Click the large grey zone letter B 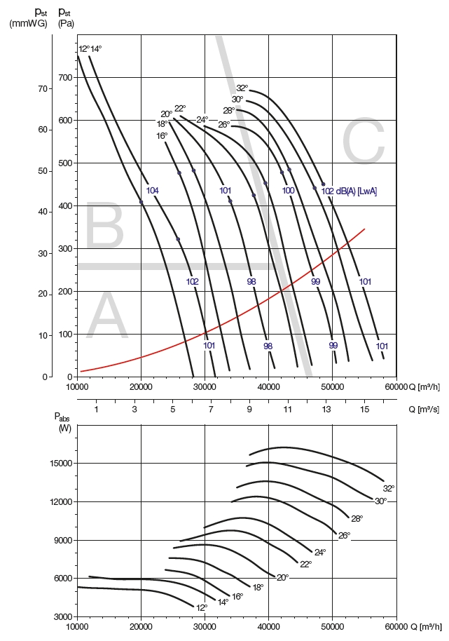click(x=104, y=224)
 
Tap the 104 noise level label click(x=152, y=191)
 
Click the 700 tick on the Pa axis click(x=66, y=77)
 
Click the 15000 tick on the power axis click(x=62, y=464)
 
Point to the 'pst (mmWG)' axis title click(x=28, y=18)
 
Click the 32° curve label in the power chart click(x=389, y=488)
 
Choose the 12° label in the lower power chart click(x=202, y=607)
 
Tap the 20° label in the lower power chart click(x=282, y=577)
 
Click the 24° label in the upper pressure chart click(x=202, y=119)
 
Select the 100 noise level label click(x=288, y=191)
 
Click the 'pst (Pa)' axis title click(x=66, y=18)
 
